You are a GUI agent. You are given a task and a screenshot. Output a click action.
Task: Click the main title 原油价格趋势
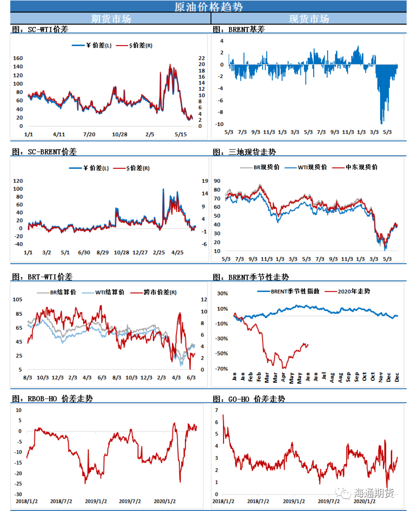(x=208, y=7)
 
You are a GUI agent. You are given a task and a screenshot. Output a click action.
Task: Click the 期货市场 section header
(x=111, y=19)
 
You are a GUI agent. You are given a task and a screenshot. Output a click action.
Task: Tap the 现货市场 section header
(x=309, y=19)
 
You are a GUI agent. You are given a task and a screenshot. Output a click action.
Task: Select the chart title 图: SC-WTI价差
(x=40, y=29)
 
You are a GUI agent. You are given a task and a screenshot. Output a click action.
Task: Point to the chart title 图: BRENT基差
(x=239, y=29)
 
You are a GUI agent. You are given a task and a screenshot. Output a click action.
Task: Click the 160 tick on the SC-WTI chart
(x=18, y=58)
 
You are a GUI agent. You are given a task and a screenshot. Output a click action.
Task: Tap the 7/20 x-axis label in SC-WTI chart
(x=89, y=134)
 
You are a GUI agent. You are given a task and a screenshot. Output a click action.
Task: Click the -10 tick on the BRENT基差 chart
(x=220, y=124)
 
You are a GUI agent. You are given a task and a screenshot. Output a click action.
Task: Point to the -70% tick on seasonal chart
(x=222, y=369)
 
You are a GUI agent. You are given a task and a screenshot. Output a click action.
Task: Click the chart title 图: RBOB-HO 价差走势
(x=52, y=399)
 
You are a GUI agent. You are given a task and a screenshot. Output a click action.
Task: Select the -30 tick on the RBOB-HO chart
(x=19, y=494)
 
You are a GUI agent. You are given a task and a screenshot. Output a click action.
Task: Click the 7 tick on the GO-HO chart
(x=217, y=410)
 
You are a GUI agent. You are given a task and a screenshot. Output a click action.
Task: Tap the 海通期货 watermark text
(x=373, y=493)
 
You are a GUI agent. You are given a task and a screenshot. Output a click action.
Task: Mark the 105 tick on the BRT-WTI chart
(x=17, y=299)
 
